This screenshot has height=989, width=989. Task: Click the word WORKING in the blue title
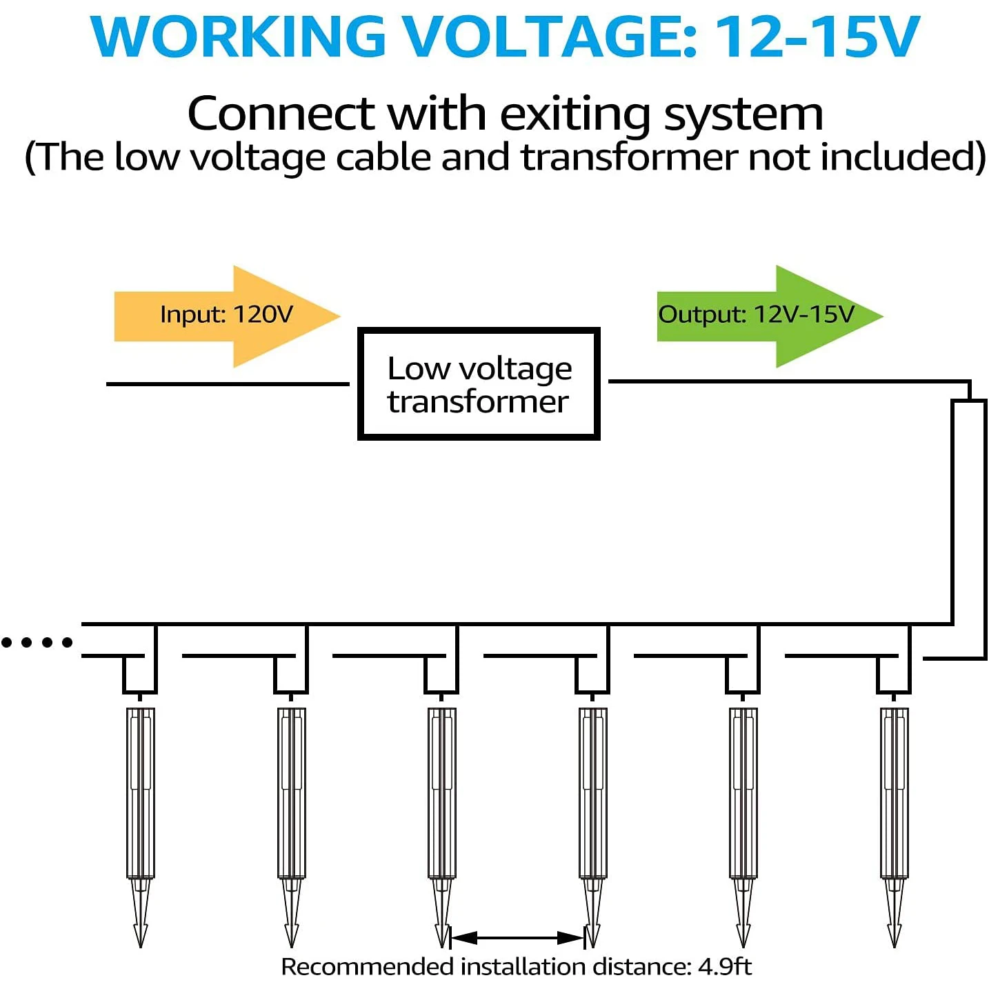[x=238, y=37]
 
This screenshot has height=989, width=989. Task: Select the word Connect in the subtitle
[x=281, y=113]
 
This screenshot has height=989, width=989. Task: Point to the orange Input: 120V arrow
[x=227, y=316]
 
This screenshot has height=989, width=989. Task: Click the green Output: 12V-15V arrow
[x=770, y=316]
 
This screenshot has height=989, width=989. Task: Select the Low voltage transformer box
[x=479, y=383]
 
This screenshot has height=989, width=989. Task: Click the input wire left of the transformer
[x=228, y=384]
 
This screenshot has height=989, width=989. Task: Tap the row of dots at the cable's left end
[x=37, y=642]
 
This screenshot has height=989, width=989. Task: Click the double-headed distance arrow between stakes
[x=517, y=938]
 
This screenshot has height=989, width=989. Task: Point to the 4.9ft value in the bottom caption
[x=724, y=967]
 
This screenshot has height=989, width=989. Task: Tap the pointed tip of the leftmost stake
[x=140, y=948]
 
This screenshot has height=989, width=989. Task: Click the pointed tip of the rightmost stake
[x=894, y=948]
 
